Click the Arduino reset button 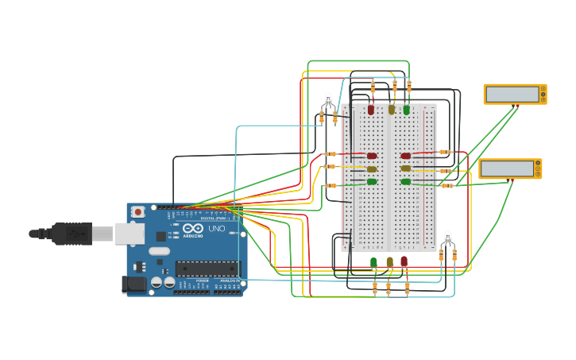[138, 212]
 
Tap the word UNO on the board [216, 229]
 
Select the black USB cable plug [72, 234]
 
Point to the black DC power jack [133, 284]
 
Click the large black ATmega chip [206, 269]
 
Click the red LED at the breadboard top [371, 110]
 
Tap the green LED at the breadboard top [407, 110]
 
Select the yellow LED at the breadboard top [392, 110]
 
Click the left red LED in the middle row [372, 156]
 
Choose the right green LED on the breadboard [406, 182]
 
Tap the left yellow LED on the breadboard [372, 168]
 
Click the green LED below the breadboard [373, 262]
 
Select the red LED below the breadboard [404, 261]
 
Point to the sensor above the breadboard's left [328, 101]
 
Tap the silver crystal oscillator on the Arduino [159, 251]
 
